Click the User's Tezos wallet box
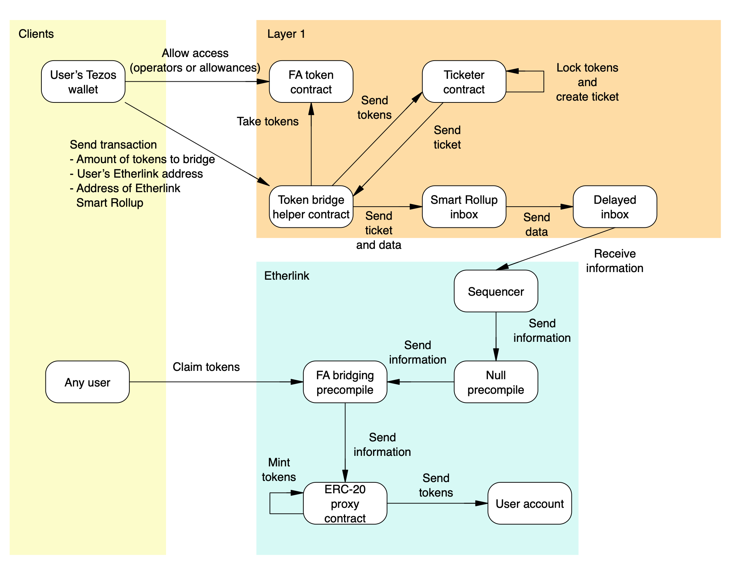83,82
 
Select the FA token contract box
311,82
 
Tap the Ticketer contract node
464,82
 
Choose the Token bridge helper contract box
311,207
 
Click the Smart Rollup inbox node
464,207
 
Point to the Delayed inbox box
615,207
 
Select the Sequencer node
496,291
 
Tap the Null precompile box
496,382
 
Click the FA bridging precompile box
345,382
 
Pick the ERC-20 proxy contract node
345,503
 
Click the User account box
529,503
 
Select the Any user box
88,382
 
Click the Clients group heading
36,34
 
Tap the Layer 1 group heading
286,34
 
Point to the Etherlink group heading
287,276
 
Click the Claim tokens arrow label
206,367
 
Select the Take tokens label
268,121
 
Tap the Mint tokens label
279,469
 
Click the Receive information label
615,261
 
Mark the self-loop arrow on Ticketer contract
543,82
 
